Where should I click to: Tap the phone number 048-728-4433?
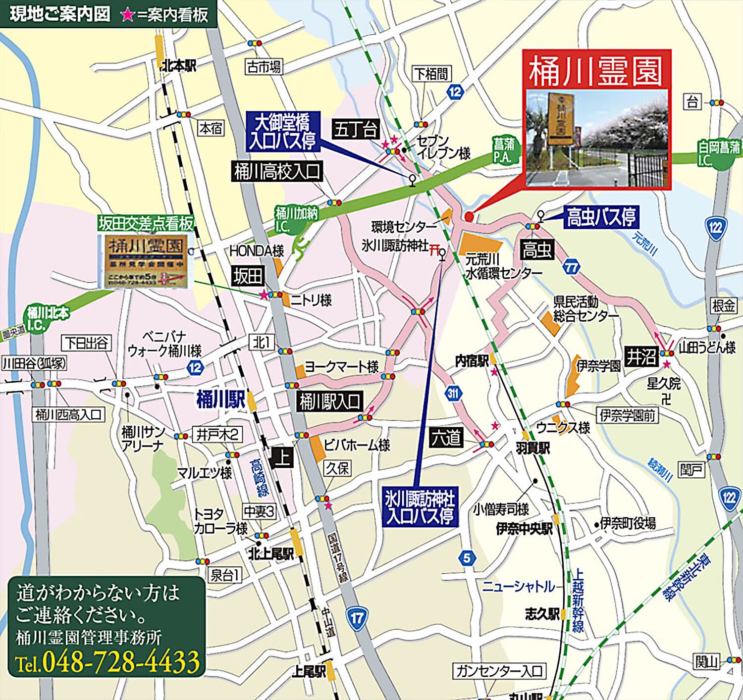coord(121,661)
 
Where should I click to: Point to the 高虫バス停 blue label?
coord(601,217)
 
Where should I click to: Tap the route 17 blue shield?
coord(357,618)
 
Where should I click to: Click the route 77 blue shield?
coord(572,268)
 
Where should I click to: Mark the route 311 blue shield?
coord(453,394)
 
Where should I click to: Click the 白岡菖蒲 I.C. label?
coord(719,153)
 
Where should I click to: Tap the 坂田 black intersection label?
coord(248,276)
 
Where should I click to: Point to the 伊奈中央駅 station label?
coord(524,529)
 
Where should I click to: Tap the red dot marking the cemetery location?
coord(469,216)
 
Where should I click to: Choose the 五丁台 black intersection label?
coord(356,129)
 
